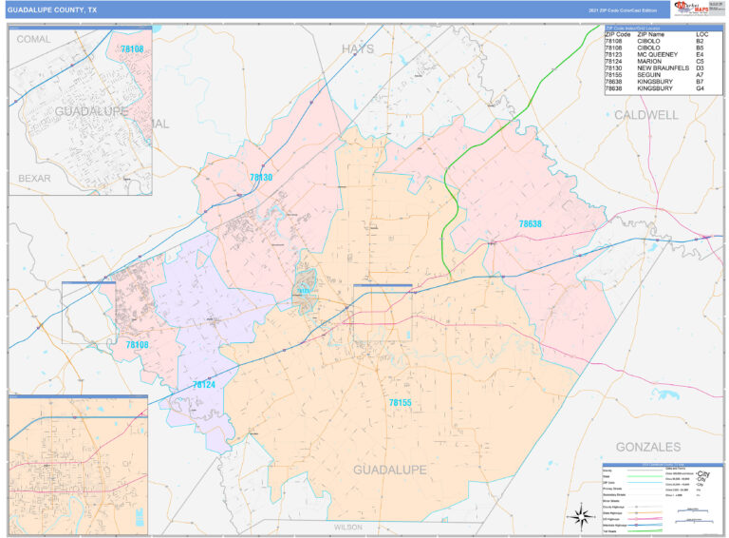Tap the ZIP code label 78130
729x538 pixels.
[x=261, y=178]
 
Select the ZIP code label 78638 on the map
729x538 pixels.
[x=530, y=224]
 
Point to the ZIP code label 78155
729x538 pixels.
[x=400, y=403]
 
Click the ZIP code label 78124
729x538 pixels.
[x=204, y=385]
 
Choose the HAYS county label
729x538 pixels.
[x=358, y=48]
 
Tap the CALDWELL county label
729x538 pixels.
[x=646, y=115]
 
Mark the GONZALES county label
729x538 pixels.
[x=648, y=446]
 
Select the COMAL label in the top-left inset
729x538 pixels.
[x=33, y=39]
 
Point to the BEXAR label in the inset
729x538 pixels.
[x=34, y=178]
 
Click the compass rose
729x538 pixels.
[x=578, y=517]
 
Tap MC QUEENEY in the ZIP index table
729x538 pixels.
[x=658, y=55]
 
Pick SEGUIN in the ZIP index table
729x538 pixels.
[x=650, y=75]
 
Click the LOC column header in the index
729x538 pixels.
[x=701, y=34]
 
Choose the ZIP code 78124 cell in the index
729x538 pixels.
[x=616, y=62]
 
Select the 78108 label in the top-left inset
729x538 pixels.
[x=132, y=48]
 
